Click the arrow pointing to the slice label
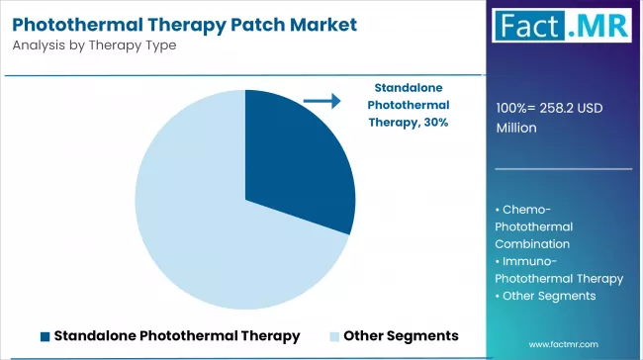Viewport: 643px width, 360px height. click(x=321, y=100)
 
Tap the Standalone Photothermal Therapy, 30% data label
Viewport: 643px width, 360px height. click(x=408, y=104)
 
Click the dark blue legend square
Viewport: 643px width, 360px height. click(x=46, y=336)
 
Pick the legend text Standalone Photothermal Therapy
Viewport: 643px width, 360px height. click(x=177, y=336)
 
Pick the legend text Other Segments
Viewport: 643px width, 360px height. click(x=401, y=336)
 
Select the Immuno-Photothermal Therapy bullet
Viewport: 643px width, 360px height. click(x=559, y=269)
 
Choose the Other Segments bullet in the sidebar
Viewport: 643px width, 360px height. click(x=548, y=296)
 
